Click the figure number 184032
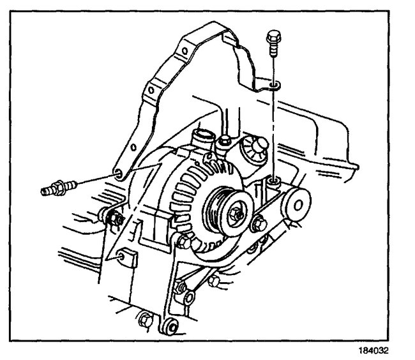pyautogui.click(x=385, y=350)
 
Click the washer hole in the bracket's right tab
pyautogui.click(x=273, y=84)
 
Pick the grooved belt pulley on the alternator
pyautogui.click(x=225, y=207)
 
